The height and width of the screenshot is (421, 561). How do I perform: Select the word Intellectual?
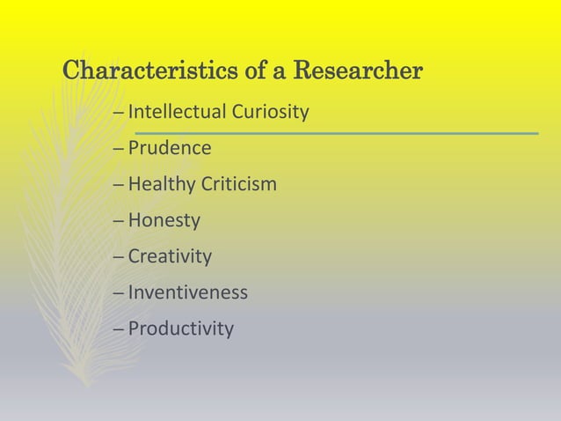tap(176, 112)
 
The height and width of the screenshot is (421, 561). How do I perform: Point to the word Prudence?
tap(170, 148)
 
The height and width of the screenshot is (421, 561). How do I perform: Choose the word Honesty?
tap(164, 221)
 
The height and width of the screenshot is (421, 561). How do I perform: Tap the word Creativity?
tap(170, 257)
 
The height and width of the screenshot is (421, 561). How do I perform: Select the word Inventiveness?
tap(188, 292)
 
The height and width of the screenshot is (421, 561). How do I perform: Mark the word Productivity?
tap(181, 329)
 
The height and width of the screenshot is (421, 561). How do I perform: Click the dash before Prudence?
tap(119, 149)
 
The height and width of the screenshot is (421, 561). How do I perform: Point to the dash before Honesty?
tap(119, 221)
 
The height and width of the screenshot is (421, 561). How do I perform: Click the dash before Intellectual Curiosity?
tap(119, 113)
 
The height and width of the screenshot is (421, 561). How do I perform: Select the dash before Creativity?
tap(119, 257)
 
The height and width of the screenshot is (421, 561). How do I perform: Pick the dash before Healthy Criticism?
tap(119, 185)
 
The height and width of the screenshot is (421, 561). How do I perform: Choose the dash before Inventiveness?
tap(119, 293)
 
